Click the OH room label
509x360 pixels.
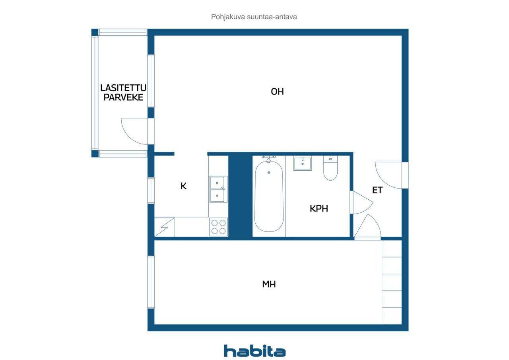point(277,91)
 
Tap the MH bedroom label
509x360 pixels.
point(269,284)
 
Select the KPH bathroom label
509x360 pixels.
point(319,208)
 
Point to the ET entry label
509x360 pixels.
point(377,190)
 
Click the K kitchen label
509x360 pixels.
point(183,186)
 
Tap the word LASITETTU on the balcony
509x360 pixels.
point(123,88)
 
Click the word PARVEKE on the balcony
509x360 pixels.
point(123,97)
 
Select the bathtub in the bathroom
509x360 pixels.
point(269,196)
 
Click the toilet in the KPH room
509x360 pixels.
point(330,168)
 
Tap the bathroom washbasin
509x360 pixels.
point(303,163)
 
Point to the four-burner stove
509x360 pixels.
point(219,227)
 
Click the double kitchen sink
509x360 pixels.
point(218,189)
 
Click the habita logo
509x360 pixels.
point(254,351)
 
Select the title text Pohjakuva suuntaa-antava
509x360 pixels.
point(254,17)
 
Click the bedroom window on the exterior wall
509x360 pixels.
point(151,282)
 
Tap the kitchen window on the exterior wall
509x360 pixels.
point(151,191)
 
